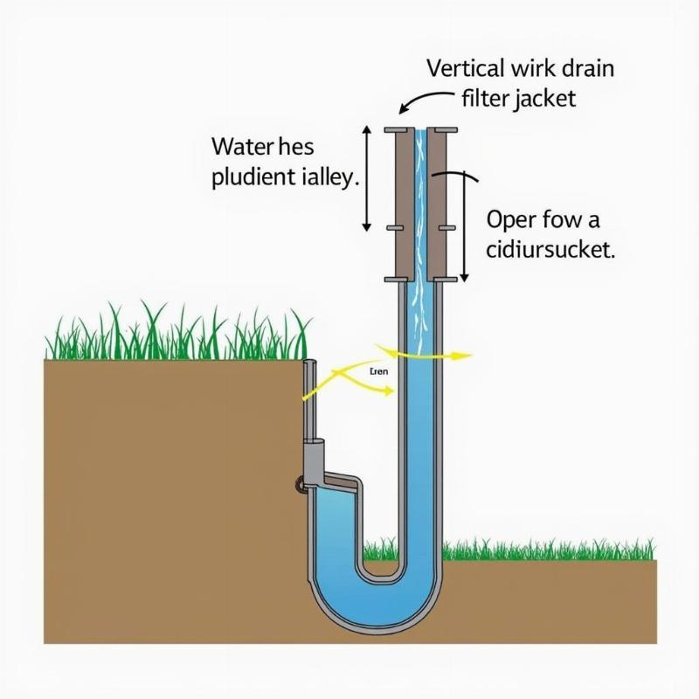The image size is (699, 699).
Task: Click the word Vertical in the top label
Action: pyautogui.click(x=464, y=67)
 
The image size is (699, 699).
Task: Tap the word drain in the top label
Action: pyautogui.click(x=586, y=67)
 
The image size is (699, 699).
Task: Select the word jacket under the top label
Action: pyautogui.click(x=543, y=98)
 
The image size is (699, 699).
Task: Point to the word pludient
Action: pyautogui.click(x=253, y=177)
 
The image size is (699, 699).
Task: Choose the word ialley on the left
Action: pyautogui.click(x=329, y=177)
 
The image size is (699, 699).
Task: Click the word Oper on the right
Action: pyautogui.click(x=509, y=218)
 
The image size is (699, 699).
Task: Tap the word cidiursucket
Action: pyautogui.click(x=550, y=249)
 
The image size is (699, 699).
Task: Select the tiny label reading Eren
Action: pyautogui.click(x=378, y=371)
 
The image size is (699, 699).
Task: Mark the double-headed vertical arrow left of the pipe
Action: pyautogui.click(x=368, y=179)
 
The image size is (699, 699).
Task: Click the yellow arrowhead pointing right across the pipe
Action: pyautogui.click(x=463, y=356)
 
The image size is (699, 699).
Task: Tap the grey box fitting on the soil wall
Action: pyautogui.click(x=315, y=457)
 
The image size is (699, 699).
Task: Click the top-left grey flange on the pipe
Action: pyautogui.click(x=398, y=131)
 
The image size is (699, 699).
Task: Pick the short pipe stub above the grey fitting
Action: pyautogui.click(x=308, y=398)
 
